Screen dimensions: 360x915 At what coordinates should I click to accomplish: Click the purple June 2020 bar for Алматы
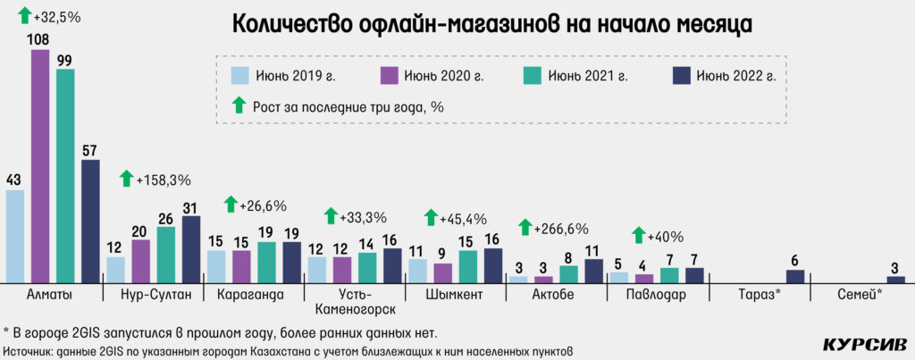pos(40,165)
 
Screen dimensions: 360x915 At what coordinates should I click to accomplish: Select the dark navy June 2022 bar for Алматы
pos(90,221)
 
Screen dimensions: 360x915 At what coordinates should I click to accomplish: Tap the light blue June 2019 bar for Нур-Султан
pos(115,269)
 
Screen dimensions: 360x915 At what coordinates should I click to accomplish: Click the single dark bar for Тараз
pos(794,276)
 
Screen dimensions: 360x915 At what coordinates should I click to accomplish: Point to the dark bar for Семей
pos(895,279)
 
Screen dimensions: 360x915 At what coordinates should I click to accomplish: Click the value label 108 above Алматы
pos(40,40)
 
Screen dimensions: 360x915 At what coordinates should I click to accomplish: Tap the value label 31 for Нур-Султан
pos(190,207)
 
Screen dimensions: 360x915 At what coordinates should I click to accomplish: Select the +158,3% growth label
pos(164,180)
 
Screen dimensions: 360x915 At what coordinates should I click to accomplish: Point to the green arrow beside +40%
pos(638,236)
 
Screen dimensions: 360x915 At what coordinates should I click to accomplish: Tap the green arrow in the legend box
pos(239,105)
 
